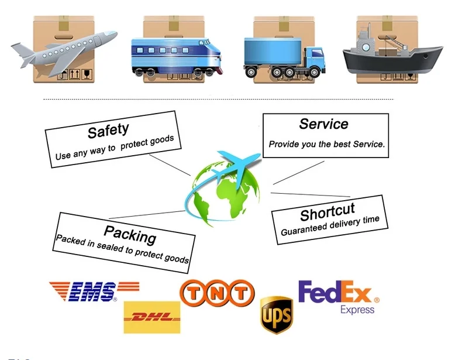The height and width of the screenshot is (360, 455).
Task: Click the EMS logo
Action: (94, 291)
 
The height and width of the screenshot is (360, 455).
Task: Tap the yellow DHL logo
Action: (151, 317)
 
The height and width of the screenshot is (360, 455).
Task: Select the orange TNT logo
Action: (217, 293)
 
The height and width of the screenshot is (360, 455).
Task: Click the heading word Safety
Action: (108, 130)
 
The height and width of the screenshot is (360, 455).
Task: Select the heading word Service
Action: (323, 124)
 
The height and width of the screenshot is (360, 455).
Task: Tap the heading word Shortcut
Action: (328, 211)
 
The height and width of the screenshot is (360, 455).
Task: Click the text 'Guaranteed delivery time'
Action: (330, 225)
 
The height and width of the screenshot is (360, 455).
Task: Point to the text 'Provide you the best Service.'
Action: (326, 144)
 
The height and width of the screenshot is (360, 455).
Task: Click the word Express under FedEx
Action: (357, 309)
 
